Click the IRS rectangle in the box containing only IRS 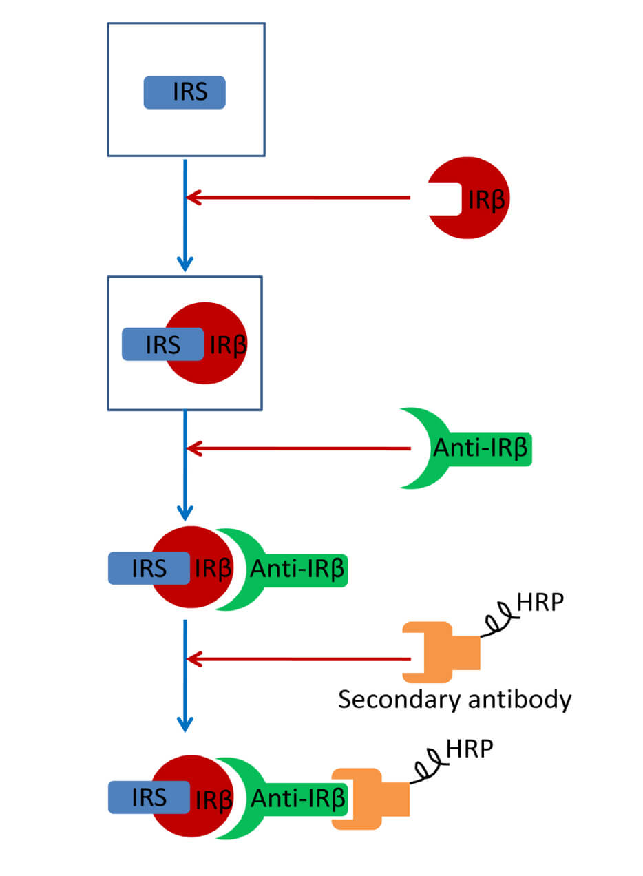pyautogui.click(x=184, y=92)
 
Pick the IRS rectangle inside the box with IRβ pyautogui.click(x=162, y=344)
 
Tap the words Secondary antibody pyautogui.click(x=454, y=700)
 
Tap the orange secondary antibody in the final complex pyautogui.click(x=372, y=799)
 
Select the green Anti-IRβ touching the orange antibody pyautogui.click(x=289, y=799)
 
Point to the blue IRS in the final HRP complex pyautogui.click(x=149, y=797)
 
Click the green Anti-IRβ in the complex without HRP pyautogui.click(x=289, y=569)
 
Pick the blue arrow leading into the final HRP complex pyautogui.click(x=185, y=675)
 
